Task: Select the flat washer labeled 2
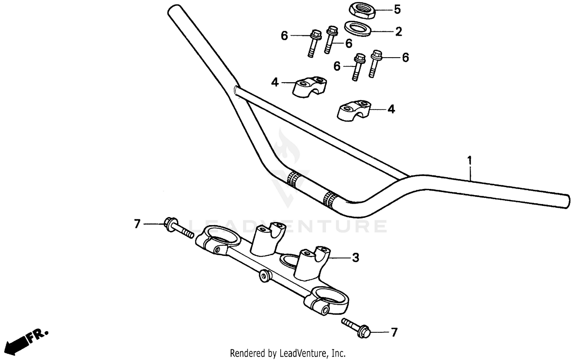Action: point(358,28)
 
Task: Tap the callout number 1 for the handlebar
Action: point(469,160)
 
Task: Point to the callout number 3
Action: point(356,257)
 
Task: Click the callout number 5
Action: point(397,9)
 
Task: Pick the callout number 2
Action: point(399,32)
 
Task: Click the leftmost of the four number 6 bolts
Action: point(313,44)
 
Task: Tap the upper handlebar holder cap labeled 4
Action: point(310,87)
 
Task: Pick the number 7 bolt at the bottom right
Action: point(356,327)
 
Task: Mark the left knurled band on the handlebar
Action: point(294,179)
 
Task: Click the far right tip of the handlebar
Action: point(566,201)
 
